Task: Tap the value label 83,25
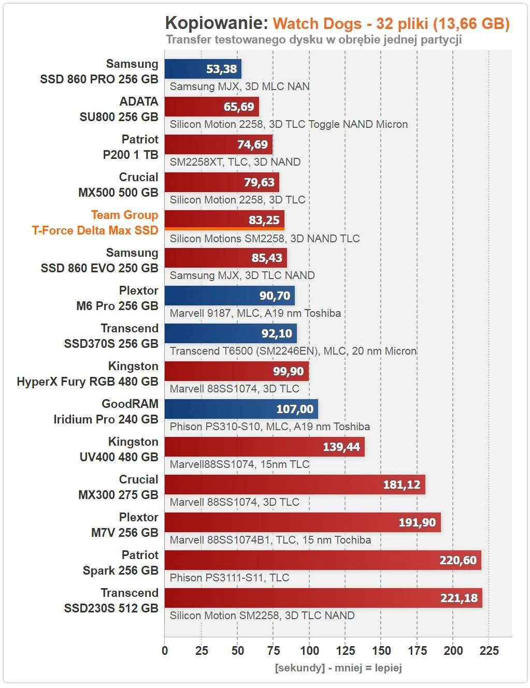tap(264, 220)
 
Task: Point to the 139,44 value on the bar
tap(341, 447)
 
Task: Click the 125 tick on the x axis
tap(345, 651)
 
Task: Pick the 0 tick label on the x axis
tap(165, 651)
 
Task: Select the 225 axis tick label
tap(489, 651)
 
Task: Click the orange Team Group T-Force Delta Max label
tap(95, 223)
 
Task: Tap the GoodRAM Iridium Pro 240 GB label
tap(106, 412)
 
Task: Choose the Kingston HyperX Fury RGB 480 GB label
tap(88, 374)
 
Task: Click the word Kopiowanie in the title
tap(216, 23)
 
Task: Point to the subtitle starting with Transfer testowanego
tap(313, 39)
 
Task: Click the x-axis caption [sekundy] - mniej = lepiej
tap(338, 667)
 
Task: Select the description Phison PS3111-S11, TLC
tap(230, 578)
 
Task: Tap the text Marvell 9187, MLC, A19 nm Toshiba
tap(255, 313)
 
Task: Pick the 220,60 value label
tap(457, 560)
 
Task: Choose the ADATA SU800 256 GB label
tap(119, 109)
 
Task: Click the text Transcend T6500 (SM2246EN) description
tap(293, 351)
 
